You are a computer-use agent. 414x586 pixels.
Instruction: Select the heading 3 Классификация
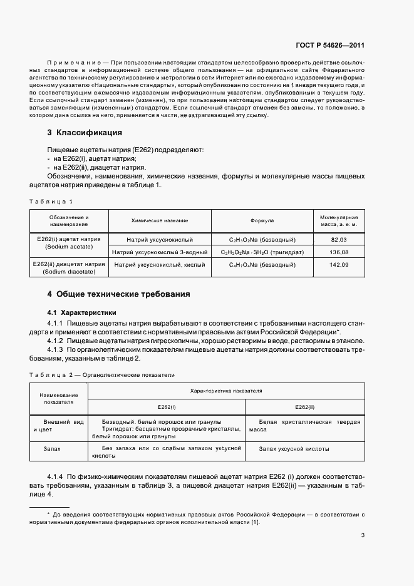pyautogui.click(x=85, y=133)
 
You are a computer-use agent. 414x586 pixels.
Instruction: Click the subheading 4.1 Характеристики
pyautogui.click(x=81, y=312)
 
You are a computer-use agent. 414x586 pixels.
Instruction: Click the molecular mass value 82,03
pyautogui.click(x=339, y=240)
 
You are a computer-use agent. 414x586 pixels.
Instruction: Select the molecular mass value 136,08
pyautogui.click(x=339, y=252)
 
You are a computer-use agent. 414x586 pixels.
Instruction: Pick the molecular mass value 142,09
pyautogui.click(x=339, y=265)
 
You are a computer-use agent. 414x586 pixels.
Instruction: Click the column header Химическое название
pyautogui.click(x=160, y=220)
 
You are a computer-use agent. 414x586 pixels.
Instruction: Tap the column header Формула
pyautogui.click(x=262, y=220)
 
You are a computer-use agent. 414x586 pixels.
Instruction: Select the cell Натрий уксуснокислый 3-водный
pyautogui.click(x=160, y=252)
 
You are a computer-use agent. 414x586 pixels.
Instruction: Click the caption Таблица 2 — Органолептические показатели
pyautogui.click(x=101, y=374)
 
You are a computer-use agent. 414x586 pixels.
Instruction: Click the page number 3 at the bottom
pyautogui.click(x=363, y=535)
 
